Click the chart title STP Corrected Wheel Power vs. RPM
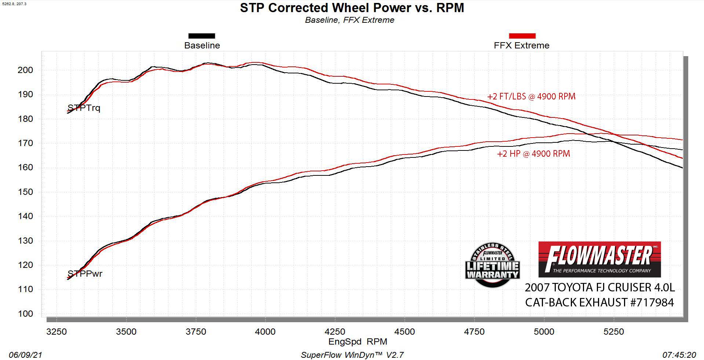coord(352,8)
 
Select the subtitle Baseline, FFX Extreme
coord(349,20)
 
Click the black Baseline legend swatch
coord(201,36)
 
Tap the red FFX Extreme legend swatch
coord(522,36)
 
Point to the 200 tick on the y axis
coord(25,70)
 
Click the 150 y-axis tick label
coord(25,192)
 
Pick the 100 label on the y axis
coord(25,314)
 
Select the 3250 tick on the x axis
coord(56,332)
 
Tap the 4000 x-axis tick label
coord(265,332)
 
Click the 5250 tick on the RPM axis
coord(613,332)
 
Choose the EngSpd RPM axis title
coord(358,342)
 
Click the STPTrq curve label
coord(84,108)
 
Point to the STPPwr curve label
coord(85,274)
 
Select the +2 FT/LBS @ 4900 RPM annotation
coord(531,97)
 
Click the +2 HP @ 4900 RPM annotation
coord(533,154)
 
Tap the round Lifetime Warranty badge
coord(492,265)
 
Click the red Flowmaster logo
coord(599,259)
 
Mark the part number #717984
coord(652,302)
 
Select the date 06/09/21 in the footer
coord(25,355)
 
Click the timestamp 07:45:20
coord(679,355)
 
